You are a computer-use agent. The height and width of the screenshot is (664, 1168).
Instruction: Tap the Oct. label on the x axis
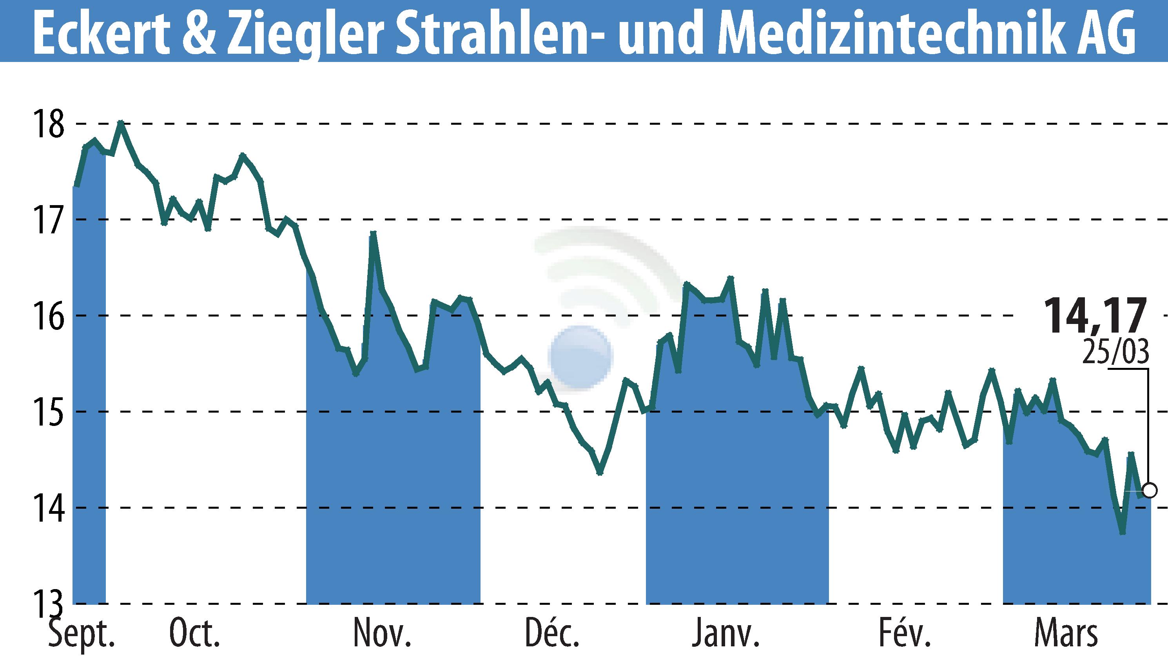click(194, 633)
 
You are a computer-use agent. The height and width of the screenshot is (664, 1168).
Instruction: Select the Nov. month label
click(382, 633)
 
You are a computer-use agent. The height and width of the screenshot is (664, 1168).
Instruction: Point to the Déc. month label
click(552, 633)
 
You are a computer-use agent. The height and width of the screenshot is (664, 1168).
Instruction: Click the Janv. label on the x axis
click(725, 633)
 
